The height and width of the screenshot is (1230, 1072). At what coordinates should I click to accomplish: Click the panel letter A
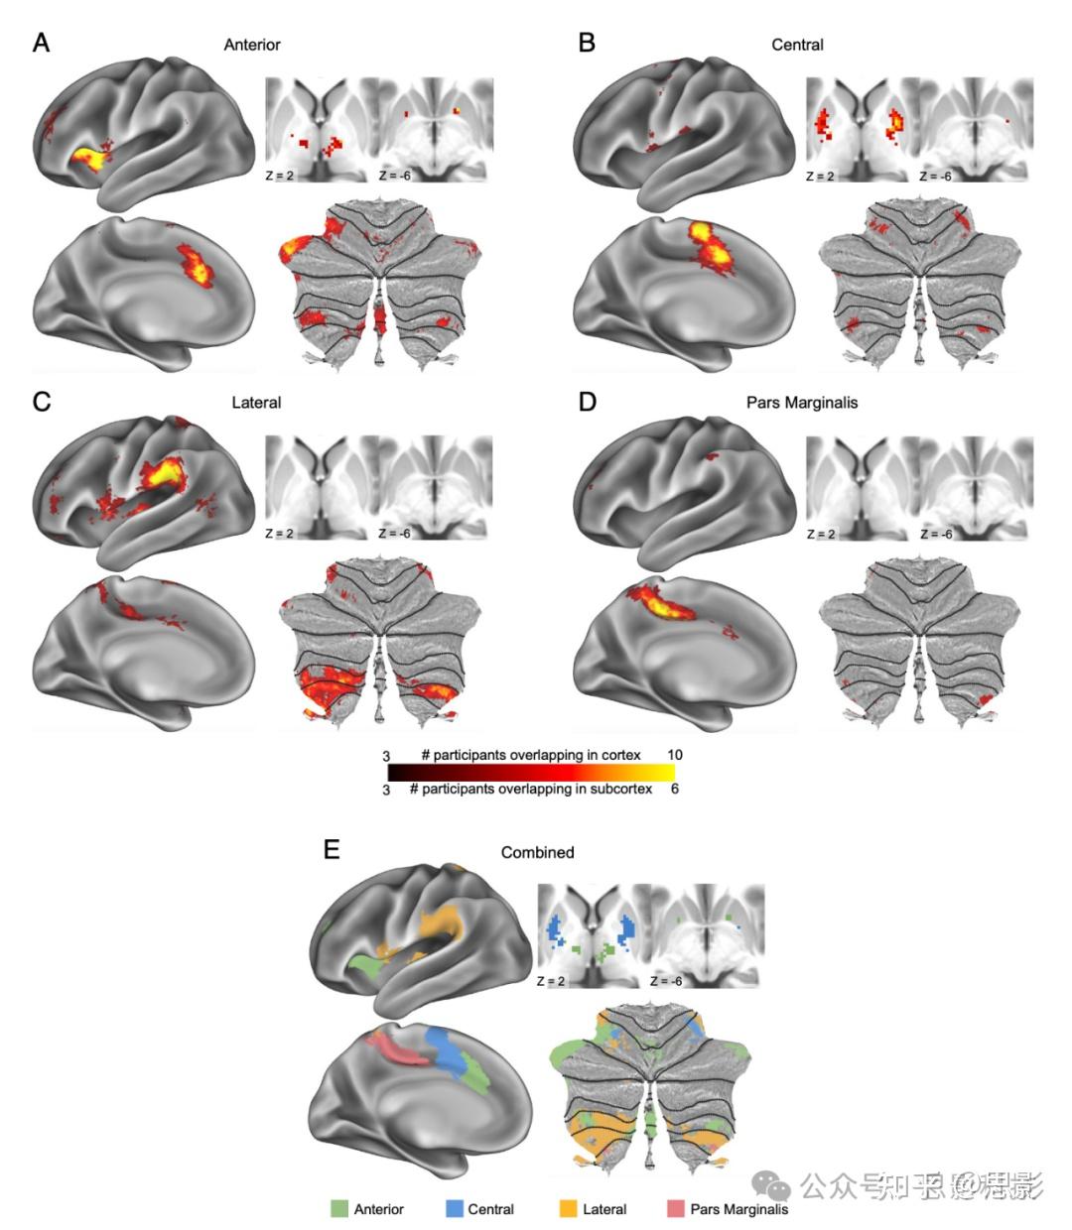[x=41, y=43]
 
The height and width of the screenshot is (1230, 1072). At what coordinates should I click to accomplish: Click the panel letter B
[x=587, y=43]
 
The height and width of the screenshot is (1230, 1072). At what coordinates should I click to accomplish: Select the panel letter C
[x=41, y=402]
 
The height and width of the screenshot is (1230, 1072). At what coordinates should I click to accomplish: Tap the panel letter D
[x=587, y=403]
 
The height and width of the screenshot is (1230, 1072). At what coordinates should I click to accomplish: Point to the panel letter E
[x=332, y=850]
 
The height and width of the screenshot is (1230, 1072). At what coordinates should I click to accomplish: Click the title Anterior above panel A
[x=252, y=45]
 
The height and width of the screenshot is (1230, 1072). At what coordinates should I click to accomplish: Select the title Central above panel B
[x=797, y=45]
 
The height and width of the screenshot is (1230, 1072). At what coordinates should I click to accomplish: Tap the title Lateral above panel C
[x=256, y=403]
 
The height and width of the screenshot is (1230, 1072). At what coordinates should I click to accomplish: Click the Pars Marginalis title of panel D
[x=802, y=403]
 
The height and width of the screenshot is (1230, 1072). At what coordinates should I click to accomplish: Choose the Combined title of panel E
[x=537, y=852]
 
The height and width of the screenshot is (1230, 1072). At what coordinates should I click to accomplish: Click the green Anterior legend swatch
[x=339, y=1209]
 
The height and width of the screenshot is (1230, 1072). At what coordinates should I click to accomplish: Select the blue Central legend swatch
[x=455, y=1209]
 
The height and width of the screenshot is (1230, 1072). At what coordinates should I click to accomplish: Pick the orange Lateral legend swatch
[x=568, y=1209]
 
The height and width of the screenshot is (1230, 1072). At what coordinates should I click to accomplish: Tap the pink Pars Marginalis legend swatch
[x=676, y=1209]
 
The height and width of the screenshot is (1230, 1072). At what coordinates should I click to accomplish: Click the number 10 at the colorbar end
[x=675, y=755]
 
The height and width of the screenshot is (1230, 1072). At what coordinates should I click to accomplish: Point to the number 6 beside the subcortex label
[x=674, y=790]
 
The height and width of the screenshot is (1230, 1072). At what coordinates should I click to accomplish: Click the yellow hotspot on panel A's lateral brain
[x=87, y=159]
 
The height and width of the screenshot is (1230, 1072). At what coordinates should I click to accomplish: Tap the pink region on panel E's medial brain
[x=394, y=1049]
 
